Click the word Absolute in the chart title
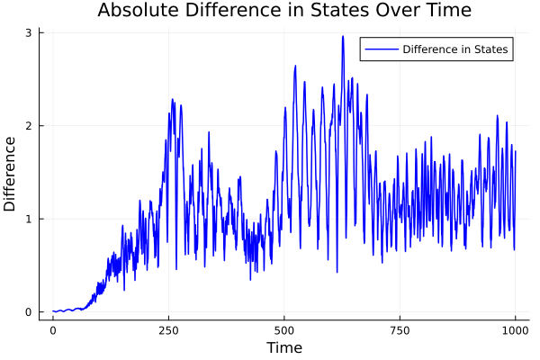coord(135,11)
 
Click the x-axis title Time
coord(283,347)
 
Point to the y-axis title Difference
coord(11,174)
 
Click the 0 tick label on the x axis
coord(53,330)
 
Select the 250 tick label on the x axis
coord(168,330)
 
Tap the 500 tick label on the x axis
coord(284,330)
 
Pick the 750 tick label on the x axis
coord(400,330)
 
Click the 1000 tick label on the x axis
coord(516,330)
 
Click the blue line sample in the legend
coord(380,49)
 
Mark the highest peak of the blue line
coord(343,37)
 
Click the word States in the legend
coord(491,49)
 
